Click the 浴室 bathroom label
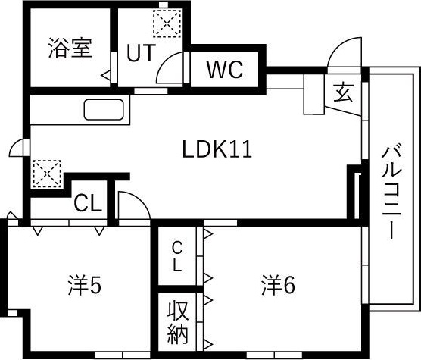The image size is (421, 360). (x=70, y=49)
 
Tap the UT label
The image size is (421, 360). (x=141, y=53)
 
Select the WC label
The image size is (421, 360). (x=225, y=69)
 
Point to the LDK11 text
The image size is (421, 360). (x=217, y=149)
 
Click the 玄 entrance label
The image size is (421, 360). (x=343, y=92)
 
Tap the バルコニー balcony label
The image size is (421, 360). (x=391, y=192)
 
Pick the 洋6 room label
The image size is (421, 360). (x=278, y=286)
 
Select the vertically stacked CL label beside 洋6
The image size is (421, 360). (x=177, y=256)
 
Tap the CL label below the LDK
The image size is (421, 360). (x=88, y=205)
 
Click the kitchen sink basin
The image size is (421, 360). (x=104, y=110)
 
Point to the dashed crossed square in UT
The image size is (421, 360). (x=167, y=23)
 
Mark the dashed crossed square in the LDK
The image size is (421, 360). (x=47, y=174)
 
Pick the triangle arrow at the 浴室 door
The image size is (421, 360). (x=106, y=76)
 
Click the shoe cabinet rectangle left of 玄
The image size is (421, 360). (x=314, y=94)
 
